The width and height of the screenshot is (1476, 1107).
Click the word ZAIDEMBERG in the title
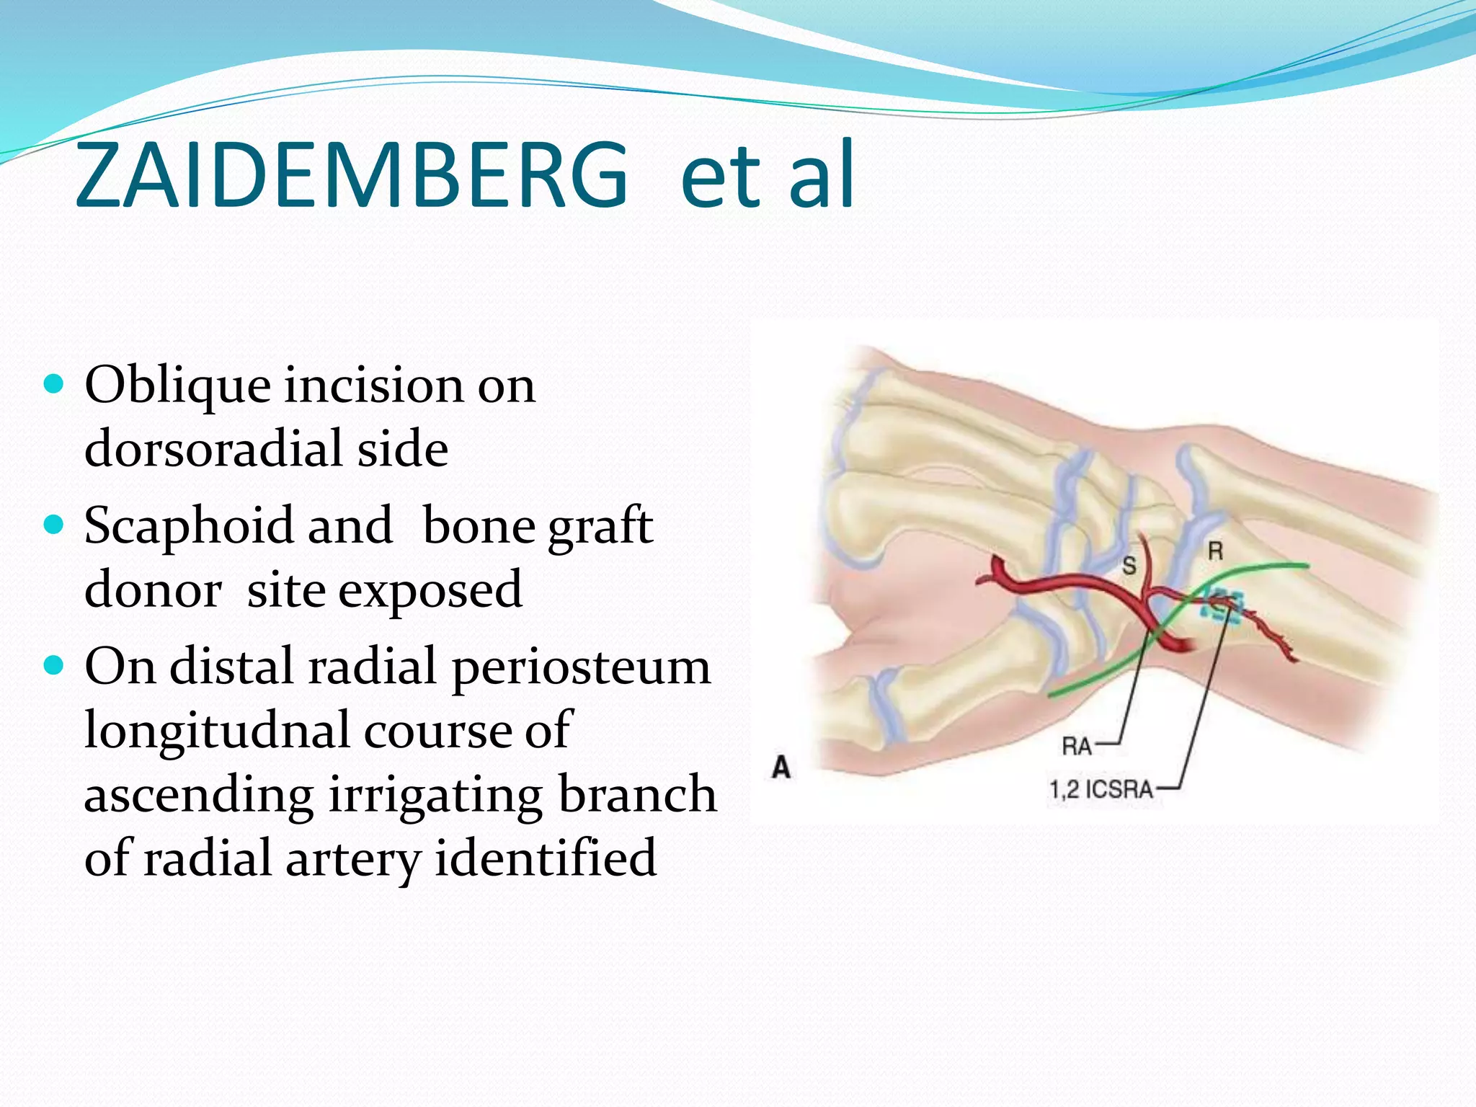coord(351,175)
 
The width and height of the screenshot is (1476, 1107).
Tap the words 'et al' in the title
coord(767,175)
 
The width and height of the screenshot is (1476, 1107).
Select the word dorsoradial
coord(215,449)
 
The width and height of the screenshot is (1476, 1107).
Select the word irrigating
coord(435,795)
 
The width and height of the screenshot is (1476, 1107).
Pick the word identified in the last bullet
coord(546,858)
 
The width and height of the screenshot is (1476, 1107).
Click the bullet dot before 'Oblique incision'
coord(54,383)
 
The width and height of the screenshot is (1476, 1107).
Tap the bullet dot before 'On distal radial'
coord(54,664)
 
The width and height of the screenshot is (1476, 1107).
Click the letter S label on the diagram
coord(1129,566)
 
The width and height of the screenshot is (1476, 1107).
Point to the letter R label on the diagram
coord(1215,552)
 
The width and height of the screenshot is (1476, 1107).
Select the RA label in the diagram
coord(1077,747)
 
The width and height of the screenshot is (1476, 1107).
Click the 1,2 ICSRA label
coord(1101,789)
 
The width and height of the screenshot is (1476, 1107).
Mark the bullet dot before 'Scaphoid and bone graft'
coord(54,524)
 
